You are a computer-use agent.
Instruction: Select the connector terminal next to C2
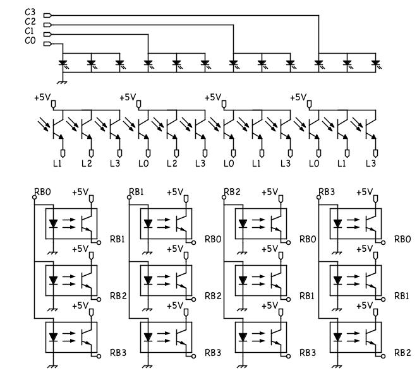[x=47, y=24]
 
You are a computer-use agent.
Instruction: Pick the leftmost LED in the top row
[x=63, y=63]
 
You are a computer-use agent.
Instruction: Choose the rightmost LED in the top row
[x=375, y=63]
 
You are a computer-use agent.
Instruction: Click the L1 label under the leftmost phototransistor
[x=58, y=163]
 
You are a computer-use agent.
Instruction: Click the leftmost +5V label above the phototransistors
[x=42, y=97]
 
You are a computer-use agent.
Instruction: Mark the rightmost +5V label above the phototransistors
[x=298, y=97]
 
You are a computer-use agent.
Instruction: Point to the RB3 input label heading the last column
[x=326, y=191]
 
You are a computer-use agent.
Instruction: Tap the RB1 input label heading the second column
[x=136, y=191]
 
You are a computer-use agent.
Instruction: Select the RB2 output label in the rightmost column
[x=402, y=352]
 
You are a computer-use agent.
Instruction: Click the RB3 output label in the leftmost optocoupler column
[x=118, y=352]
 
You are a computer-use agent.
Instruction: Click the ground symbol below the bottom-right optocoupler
[x=337, y=364]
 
